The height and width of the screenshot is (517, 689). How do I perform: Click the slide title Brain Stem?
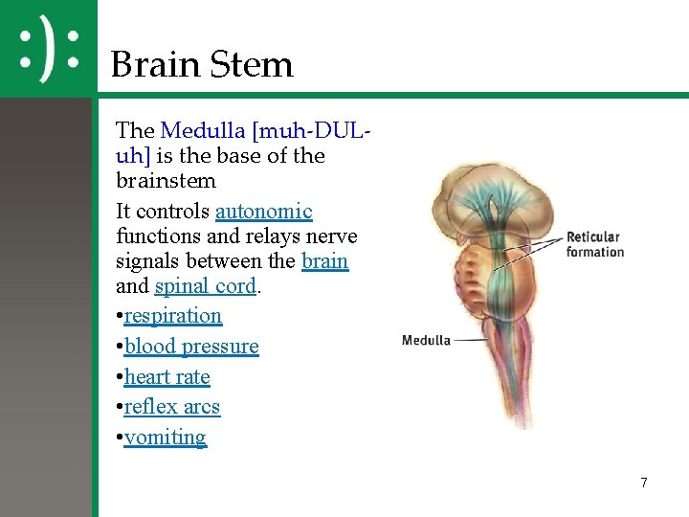(201, 65)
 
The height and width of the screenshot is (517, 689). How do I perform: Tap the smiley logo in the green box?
(48, 49)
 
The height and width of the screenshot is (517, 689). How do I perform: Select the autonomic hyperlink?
(264, 212)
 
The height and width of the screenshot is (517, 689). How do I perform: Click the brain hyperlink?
(324, 261)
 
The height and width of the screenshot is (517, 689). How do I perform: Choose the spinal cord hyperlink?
(205, 286)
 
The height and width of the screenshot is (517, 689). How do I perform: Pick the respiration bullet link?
(173, 316)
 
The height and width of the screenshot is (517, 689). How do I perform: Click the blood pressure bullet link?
(191, 347)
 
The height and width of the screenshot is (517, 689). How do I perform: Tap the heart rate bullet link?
(167, 377)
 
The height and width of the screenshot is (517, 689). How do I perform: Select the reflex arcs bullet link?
(172, 407)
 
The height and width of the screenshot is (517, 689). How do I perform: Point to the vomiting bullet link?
(166, 438)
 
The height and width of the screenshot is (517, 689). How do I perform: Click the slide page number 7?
(644, 483)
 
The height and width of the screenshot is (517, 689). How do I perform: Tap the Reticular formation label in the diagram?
(594, 244)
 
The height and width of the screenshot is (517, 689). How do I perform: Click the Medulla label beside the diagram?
(426, 340)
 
